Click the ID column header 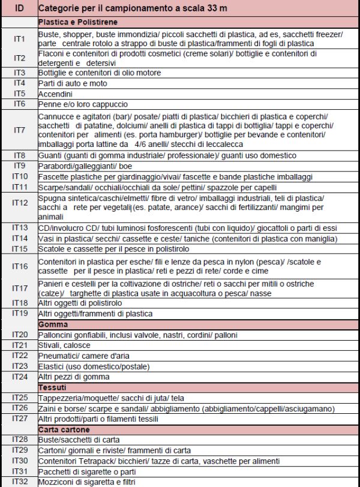pos(19,9)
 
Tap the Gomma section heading pos(53,324)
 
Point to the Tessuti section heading pos(53,387)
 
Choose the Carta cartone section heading pos(64,429)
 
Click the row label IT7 pos(19,130)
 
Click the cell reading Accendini pos(56,94)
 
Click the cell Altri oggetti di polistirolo pos(80,303)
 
